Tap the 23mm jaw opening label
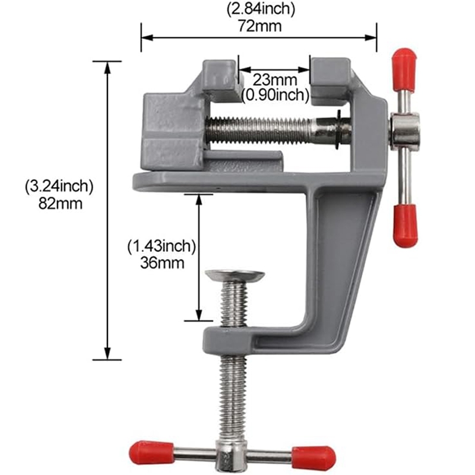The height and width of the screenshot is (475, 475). pyautogui.click(x=274, y=80)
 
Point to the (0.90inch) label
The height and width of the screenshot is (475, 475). pyautogui.click(x=275, y=94)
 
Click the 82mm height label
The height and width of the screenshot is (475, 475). pyautogui.click(x=59, y=203)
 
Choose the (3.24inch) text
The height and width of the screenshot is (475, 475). pyautogui.click(x=59, y=186)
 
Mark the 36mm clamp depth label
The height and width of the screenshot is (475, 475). pyautogui.click(x=161, y=262)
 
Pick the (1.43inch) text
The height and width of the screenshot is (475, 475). pyautogui.click(x=161, y=245)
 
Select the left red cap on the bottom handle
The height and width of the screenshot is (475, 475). pyautogui.click(x=151, y=452)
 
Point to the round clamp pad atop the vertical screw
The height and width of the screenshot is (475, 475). pyautogui.click(x=236, y=275)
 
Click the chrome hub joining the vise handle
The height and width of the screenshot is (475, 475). pyautogui.click(x=405, y=131)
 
